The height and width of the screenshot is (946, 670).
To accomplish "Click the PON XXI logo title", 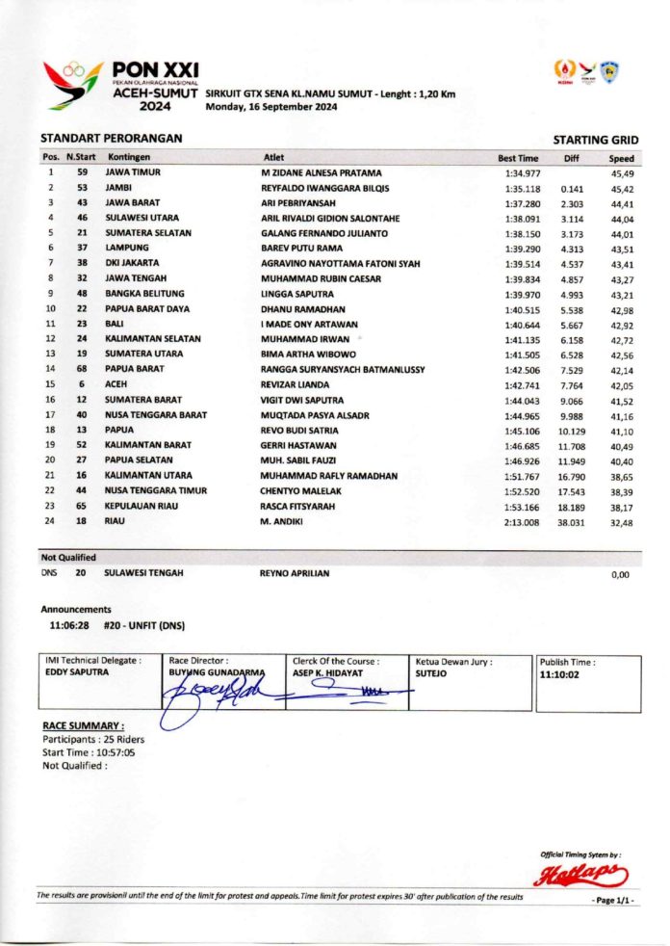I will pyautogui.click(x=155, y=69).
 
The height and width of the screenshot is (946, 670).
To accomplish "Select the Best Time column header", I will pyautogui.click(x=518, y=158).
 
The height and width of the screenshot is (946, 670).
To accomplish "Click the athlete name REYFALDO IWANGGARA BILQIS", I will pyautogui.click(x=325, y=188).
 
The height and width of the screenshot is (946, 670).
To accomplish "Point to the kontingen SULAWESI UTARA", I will pyautogui.click(x=148, y=218).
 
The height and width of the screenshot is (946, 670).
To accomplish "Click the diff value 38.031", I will pyautogui.click(x=572, y=523).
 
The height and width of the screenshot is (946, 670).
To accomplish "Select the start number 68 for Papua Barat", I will pyautogui.click(x=83, y=370).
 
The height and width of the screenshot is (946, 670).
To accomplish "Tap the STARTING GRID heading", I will pyautogui.click(x=596, y=141).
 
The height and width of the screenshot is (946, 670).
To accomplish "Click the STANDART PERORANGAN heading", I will pyautogui.click(x=111, y=139).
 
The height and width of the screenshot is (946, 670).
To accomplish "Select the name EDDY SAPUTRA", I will pyautogui.click(x=77, y=672).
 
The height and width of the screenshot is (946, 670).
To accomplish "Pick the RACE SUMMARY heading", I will pyautogui.click(x=83, y=725).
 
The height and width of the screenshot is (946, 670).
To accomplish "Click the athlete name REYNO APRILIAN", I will pyautogui.click(x=295, y=573).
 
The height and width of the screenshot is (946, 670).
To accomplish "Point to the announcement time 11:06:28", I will pyautogui.click(x=69, y=625).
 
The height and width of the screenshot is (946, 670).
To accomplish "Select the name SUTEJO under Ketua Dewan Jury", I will pyautogui.click(x=430, y=673).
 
